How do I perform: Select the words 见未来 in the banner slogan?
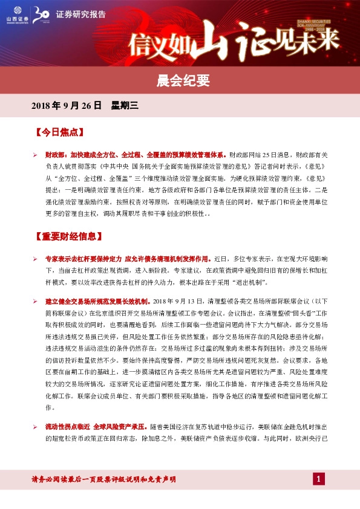click(x=315, y=41)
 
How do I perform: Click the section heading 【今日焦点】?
click(x=60, y=131)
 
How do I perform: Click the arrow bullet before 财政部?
click(x=36, y=155)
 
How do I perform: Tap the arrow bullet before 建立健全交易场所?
click(x=36, y=301)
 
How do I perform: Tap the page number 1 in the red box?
click(x=319, y=479)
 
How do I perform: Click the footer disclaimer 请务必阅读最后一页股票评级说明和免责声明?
click(x=103, y=479)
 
